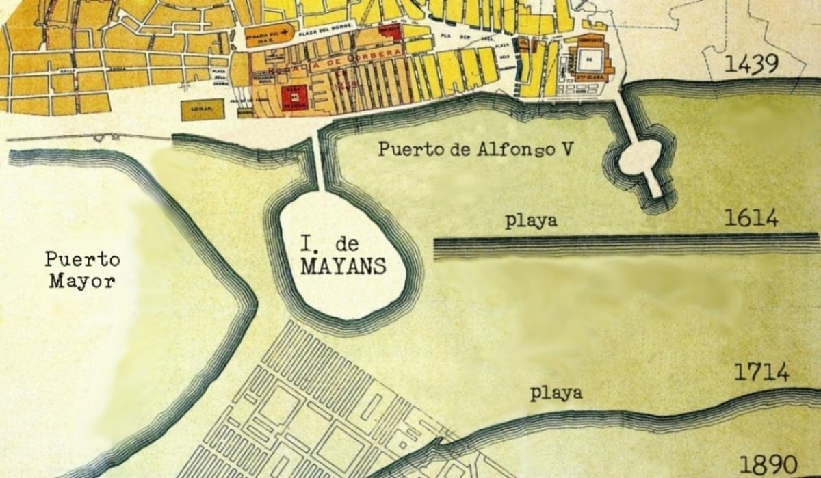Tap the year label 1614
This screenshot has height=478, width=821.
[x=750, y=219]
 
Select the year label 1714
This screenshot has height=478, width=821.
[x=761, y=373]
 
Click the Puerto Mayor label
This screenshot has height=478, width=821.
[x=82, y=270]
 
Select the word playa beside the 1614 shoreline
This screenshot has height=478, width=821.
[x=531, y=221]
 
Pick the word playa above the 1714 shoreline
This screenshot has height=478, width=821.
[x=556, y=393]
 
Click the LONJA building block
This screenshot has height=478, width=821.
[x=203, y=110]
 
